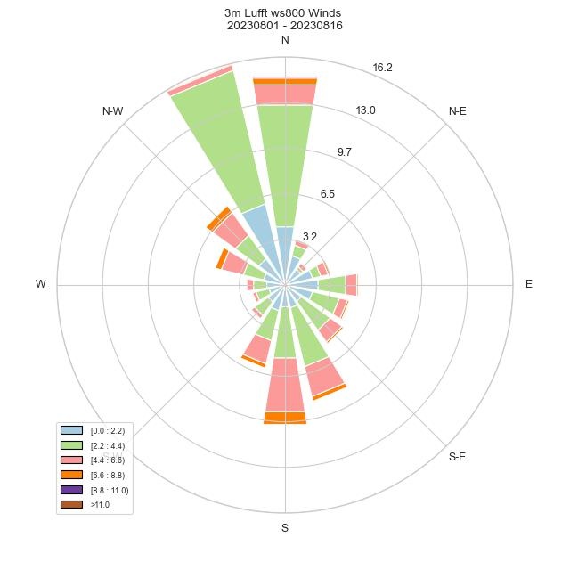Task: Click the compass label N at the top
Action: click(x=285, y=40)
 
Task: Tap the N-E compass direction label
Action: click(x=458, y=111)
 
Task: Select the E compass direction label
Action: click(x=529, y=284)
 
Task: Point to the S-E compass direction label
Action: click(x=458, y=457)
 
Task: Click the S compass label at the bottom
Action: click(x=285, y=528)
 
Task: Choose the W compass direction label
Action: click(x=41, y=284)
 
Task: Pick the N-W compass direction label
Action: click(x=112, y=111)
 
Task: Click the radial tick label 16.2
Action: click(x=383, y=68)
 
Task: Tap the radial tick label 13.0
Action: click(x=365, y=110)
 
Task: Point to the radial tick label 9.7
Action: click(x=345, y=152)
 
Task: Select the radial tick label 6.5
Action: click(x=327, y=194)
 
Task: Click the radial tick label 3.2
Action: click(x=310, y=237)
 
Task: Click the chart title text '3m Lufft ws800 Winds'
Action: click(x=284, y=13)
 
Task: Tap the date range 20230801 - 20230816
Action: click(x=285, y=26)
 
